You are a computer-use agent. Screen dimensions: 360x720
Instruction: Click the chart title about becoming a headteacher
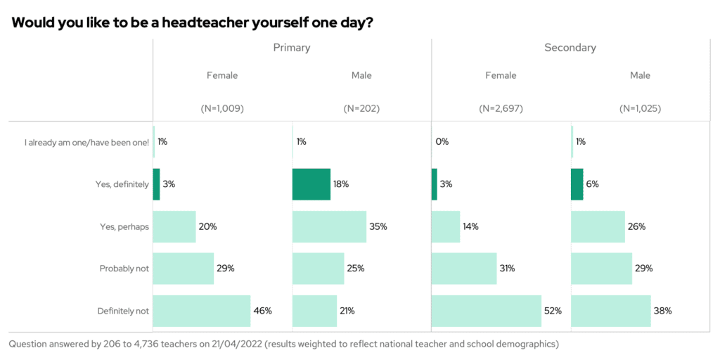pos(192,22)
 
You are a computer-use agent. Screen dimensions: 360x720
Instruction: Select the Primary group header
pos(291,48)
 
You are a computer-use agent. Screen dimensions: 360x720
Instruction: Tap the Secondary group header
pos(570,48)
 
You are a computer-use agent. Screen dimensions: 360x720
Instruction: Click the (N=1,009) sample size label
pos(222,109)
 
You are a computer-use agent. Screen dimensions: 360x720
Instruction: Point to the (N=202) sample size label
pos(361,109)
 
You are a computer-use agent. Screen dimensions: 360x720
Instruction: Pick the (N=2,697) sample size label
pos(501,109)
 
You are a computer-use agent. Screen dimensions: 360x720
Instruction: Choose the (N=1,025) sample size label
pos(640,109)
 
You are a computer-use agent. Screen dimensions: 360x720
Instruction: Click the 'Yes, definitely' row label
pos(122,184)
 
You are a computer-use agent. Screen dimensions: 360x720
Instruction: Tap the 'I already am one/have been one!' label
pos(86,142)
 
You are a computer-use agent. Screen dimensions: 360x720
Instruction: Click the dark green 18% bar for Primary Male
pos(311,184)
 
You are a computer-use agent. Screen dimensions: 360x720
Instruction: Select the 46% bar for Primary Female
pos(202,311)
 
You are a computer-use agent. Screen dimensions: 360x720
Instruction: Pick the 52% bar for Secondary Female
pos(486,311)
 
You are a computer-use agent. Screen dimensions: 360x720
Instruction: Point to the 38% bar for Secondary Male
pos(611,311)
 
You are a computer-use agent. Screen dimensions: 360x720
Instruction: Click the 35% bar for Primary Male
pos(329,226)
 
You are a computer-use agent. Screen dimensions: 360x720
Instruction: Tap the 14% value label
pos(470,226)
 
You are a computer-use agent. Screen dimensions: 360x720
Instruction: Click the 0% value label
pos(442,142)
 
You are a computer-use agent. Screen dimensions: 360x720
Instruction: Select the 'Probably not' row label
pos(124,269)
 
